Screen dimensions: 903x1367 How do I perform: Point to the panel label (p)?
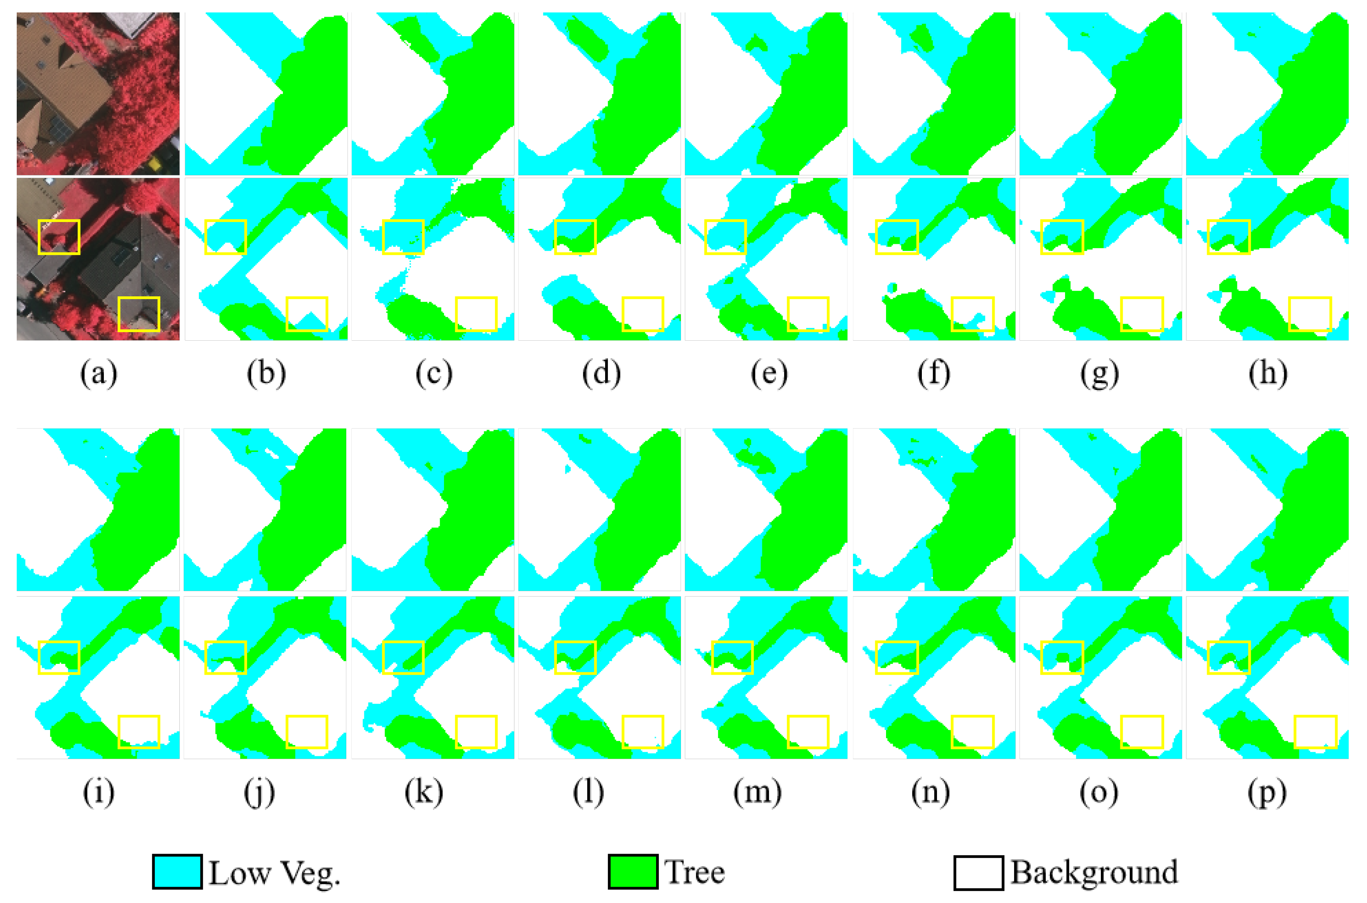(x=1267, y=793)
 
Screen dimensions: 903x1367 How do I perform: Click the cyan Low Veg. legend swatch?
(x=177, y=872)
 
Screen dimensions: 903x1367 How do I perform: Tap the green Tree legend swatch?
(x=632, y=872)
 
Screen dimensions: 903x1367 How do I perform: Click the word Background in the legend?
(x=1094, y=872)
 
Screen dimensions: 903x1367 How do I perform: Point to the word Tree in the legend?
(x=694, y=872)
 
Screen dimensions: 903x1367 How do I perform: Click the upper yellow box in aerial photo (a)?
(x=59, y=237)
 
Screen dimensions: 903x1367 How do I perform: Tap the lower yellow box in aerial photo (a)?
(x=139, y=315)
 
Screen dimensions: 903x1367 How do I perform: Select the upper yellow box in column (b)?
(x=226, y=237)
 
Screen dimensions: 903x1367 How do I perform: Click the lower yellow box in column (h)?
(x=1309, y=315)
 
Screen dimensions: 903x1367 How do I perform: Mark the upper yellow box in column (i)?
(x=59, y=657)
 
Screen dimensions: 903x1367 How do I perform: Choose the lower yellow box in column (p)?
(x=1315, y=732)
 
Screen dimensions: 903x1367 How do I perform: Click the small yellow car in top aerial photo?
(x=155, y=164)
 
